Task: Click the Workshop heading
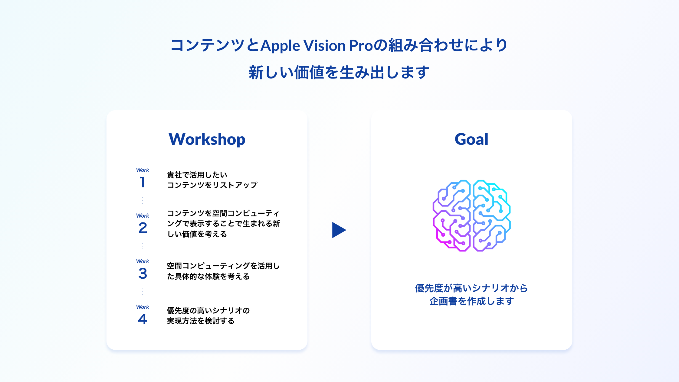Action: tap(207, 139)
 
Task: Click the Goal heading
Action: tap(471, 139)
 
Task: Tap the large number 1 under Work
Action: tap(142, 182)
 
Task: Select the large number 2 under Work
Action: tap(143, 228)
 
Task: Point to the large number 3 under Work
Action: tap(143, 274)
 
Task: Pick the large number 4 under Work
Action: tap(143, 319)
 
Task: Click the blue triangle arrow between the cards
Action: tap(339, 230)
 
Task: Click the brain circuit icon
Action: tap(471, 215)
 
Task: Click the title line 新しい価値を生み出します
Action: tap(339, 73)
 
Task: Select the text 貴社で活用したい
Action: tap(197, 175)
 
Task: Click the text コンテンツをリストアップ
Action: tap(212, 185)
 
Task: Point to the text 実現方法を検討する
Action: tap(201, 321)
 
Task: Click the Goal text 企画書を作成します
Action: tap(471, 301)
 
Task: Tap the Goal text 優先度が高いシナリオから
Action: tap(471, 288)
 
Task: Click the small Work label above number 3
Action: tap(143, 261)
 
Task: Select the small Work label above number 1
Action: tap(143, 170)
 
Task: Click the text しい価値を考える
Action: tap(197, 234)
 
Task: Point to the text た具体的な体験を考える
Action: tap(208, 277)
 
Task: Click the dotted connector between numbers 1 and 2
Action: tap(143, 200)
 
